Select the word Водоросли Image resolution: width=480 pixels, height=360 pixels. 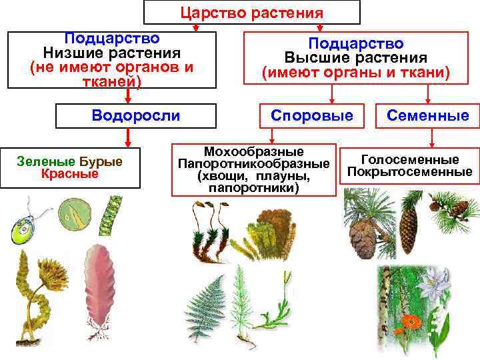click(136, 115)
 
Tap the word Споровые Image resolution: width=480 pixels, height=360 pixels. click(312, 115)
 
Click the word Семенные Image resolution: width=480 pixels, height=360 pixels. click(429, 115)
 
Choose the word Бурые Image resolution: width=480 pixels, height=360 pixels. click(101, 161)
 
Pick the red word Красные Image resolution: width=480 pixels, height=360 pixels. click(69, 174)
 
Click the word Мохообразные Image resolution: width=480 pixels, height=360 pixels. click(253, 151)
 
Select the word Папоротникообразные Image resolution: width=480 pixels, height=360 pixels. click(253, 164)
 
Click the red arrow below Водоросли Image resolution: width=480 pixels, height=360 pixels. click(126, 137)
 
